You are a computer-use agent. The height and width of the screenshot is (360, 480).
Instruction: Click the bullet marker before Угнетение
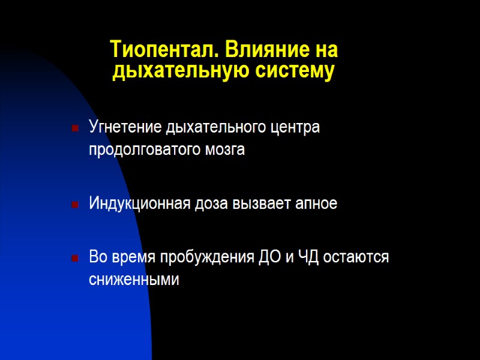[75, 128]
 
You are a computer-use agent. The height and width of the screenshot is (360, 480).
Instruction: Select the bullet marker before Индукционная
[75, 205]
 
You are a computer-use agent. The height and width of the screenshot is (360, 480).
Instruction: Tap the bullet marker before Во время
[75, 258]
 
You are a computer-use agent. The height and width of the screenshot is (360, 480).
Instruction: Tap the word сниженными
[134, 280]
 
